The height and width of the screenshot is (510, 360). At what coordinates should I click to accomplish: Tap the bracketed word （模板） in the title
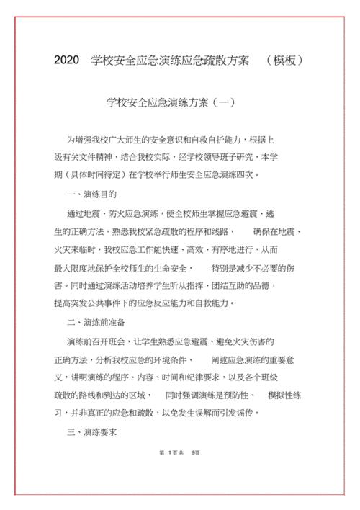point(284,61)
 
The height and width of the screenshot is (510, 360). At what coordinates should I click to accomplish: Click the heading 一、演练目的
point(91,194)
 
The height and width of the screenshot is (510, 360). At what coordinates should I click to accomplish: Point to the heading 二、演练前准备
point(96,321)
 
